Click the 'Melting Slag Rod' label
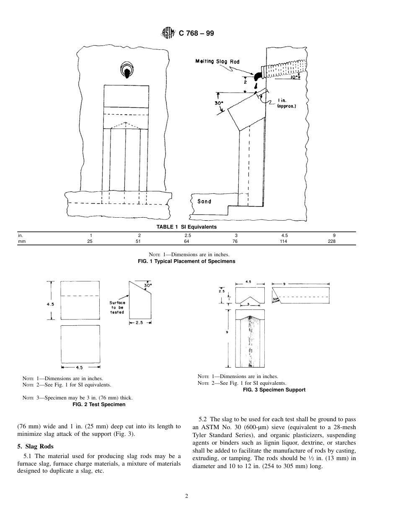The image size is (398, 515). [x=217, y=62]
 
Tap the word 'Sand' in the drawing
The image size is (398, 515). [x=204, y=201]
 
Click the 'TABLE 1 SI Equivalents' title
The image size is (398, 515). [x=186, y=227]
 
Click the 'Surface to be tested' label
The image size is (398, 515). [x=117, y=307]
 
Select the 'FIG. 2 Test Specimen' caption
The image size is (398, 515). [x=99, y=404]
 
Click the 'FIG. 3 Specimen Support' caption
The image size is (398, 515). [x=274, y=389]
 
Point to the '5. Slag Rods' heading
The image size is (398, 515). [x=35, y=446]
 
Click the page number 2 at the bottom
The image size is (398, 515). [x=187, y=496]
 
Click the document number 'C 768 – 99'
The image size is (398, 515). [x=196, y=33]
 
